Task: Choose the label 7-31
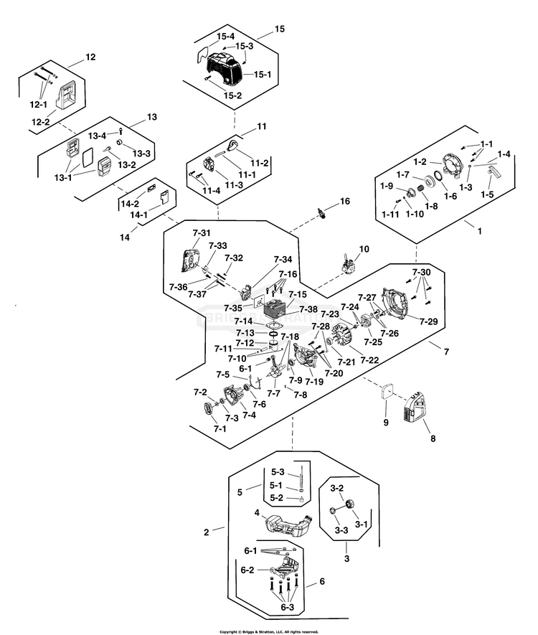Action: click(x=202, y=233)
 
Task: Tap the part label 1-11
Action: click(x=390, y=215)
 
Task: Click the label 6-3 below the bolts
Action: click(x=288, y=608)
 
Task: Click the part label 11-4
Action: click(x=211, y=190)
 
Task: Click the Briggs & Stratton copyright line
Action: click(x=268, y=631)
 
